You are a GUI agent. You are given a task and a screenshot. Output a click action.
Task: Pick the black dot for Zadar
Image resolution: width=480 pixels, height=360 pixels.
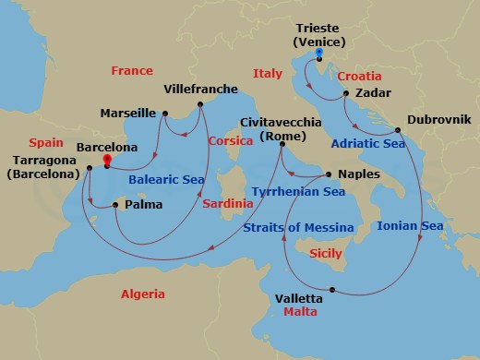[343, 94]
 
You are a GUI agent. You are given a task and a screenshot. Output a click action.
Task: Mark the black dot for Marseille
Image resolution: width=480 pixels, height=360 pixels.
[165, 114]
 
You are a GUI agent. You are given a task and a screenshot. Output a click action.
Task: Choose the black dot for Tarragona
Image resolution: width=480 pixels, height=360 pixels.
[90, 168]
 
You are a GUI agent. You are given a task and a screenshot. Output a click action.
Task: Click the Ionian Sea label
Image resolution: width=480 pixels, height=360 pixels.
[411, 225]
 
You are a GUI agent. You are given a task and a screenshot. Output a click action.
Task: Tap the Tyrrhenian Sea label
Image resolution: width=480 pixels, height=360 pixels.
[297, 192]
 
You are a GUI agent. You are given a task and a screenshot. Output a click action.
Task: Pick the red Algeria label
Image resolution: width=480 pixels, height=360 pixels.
[143, 294]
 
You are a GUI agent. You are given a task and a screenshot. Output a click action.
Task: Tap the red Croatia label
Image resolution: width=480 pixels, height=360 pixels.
[359, 76]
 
